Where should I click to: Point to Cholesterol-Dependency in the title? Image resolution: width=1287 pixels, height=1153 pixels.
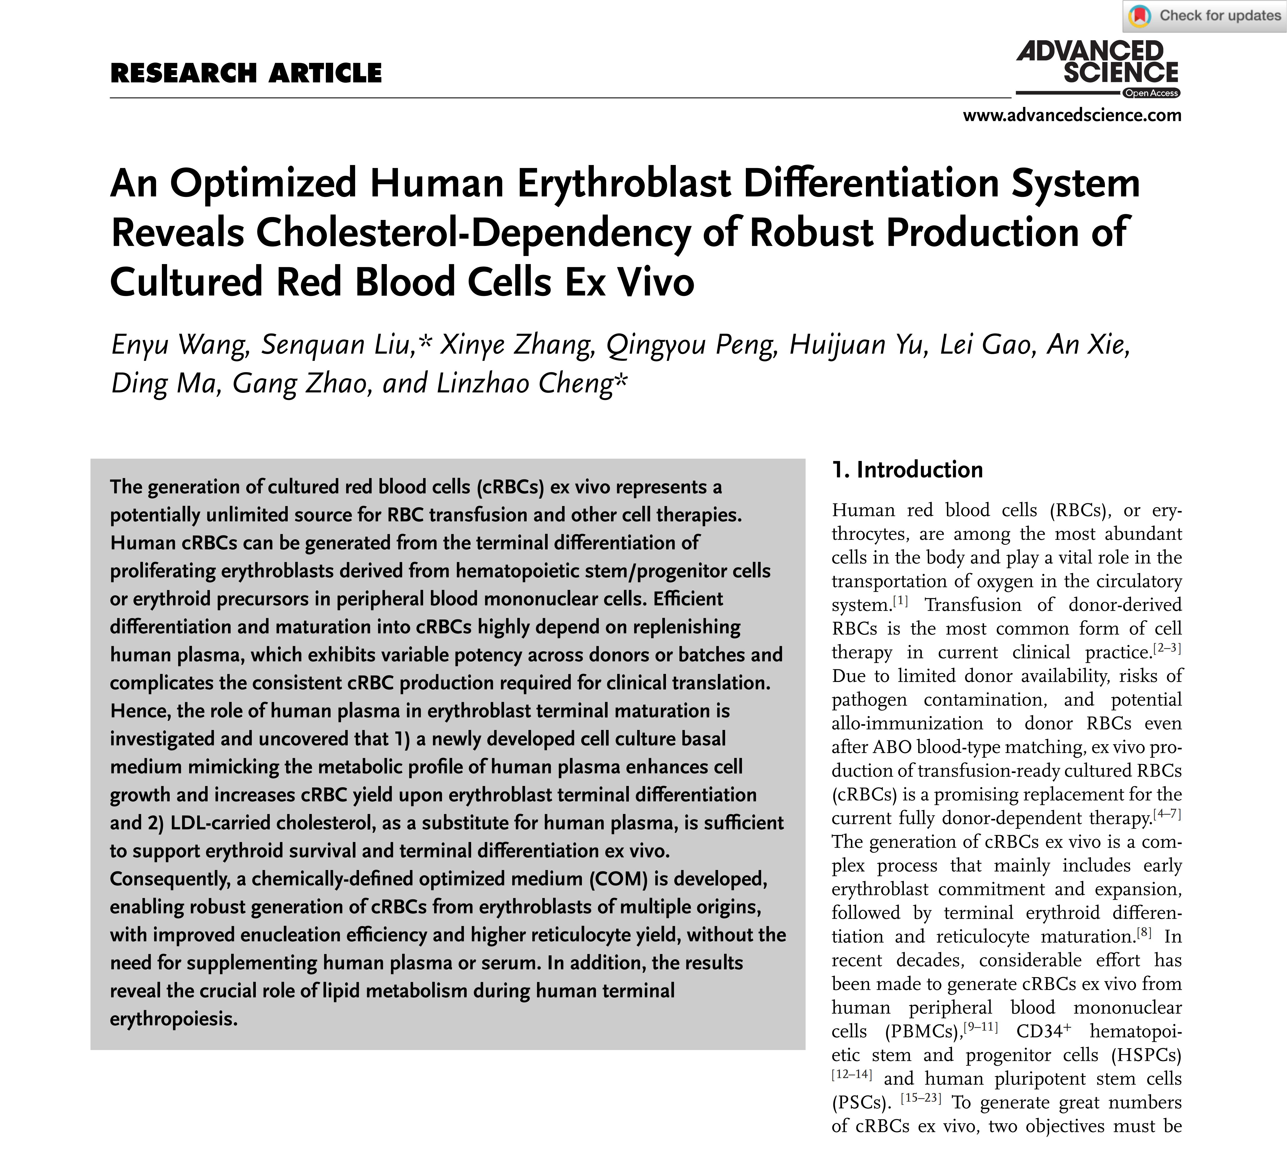pos(473,232)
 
